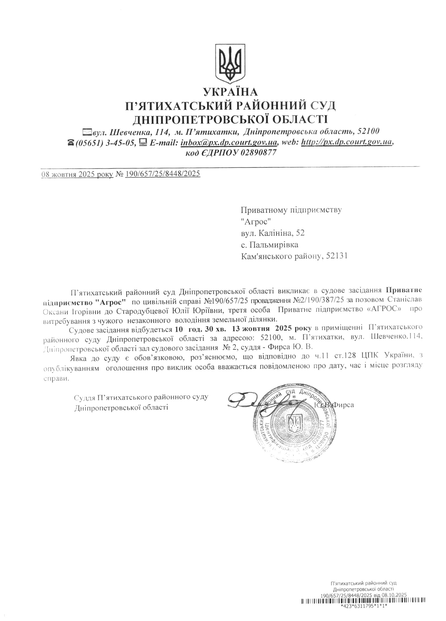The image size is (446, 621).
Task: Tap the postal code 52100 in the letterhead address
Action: pyautogui.click(x=368, y=131)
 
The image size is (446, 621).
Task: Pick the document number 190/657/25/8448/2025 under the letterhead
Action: pyautogui.click(x=163, y=174)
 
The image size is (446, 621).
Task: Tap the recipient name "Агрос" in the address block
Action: pyautogui.click(x=255, y=221)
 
